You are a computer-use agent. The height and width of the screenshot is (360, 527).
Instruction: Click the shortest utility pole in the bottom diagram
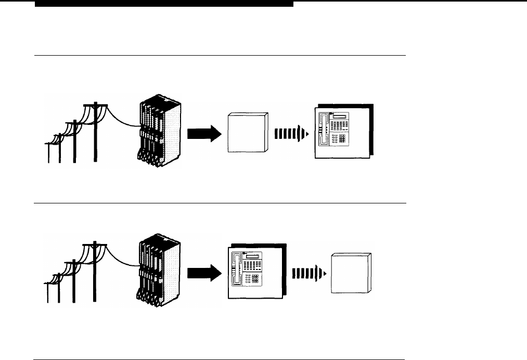pos(47,291)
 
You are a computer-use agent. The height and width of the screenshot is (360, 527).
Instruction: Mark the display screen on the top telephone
pos(343,116)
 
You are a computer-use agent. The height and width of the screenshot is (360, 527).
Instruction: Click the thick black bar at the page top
pos(164,4)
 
